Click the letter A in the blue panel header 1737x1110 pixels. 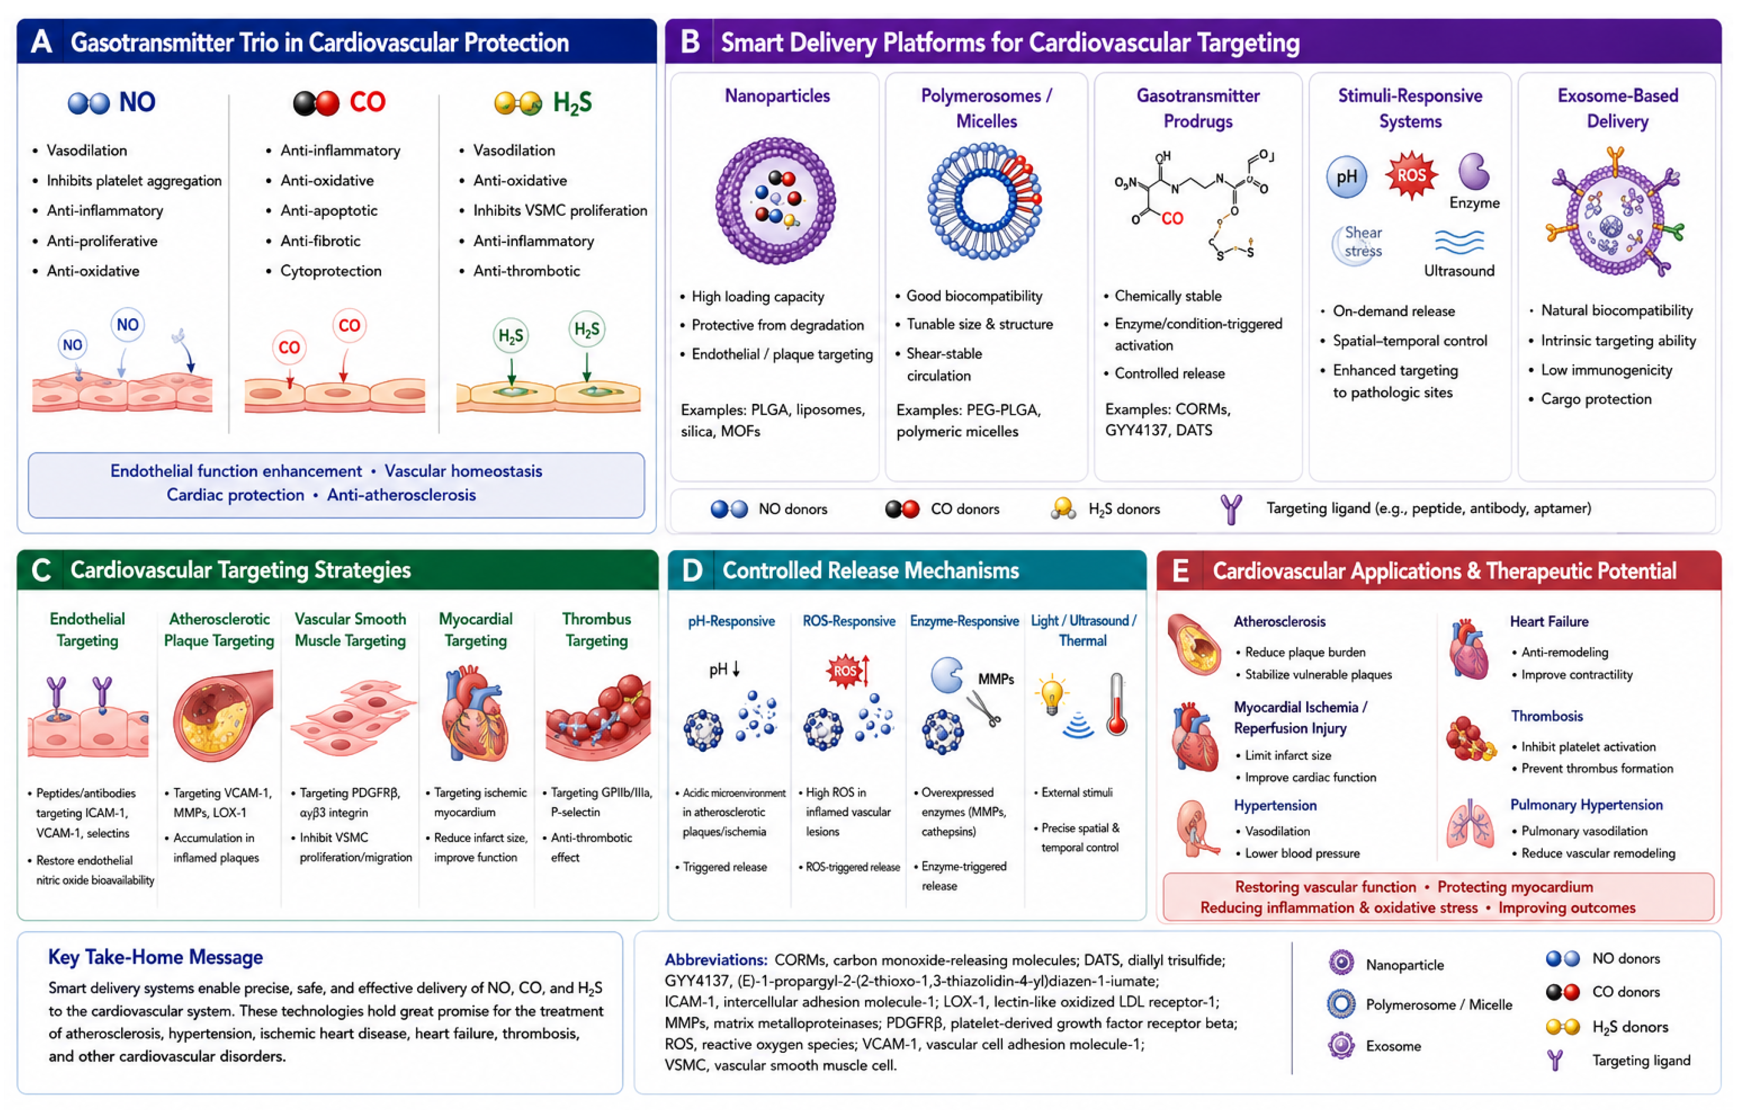coord(42,42)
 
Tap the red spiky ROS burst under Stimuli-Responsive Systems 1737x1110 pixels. coord(1411,175)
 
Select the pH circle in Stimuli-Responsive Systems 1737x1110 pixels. coord(1347,177)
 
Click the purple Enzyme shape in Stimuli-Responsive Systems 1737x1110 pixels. coord(1474,171)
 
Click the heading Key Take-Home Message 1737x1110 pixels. coord(155,957)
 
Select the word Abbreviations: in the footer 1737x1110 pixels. coord(716,960)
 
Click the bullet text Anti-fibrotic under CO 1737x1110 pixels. coord(320,240)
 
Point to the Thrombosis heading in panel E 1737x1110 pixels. coord(1547,716)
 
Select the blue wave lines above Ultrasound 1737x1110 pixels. coord(1459,242)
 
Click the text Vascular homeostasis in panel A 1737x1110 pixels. coord(463,471)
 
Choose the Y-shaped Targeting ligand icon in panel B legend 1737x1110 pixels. coord(1231,509)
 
